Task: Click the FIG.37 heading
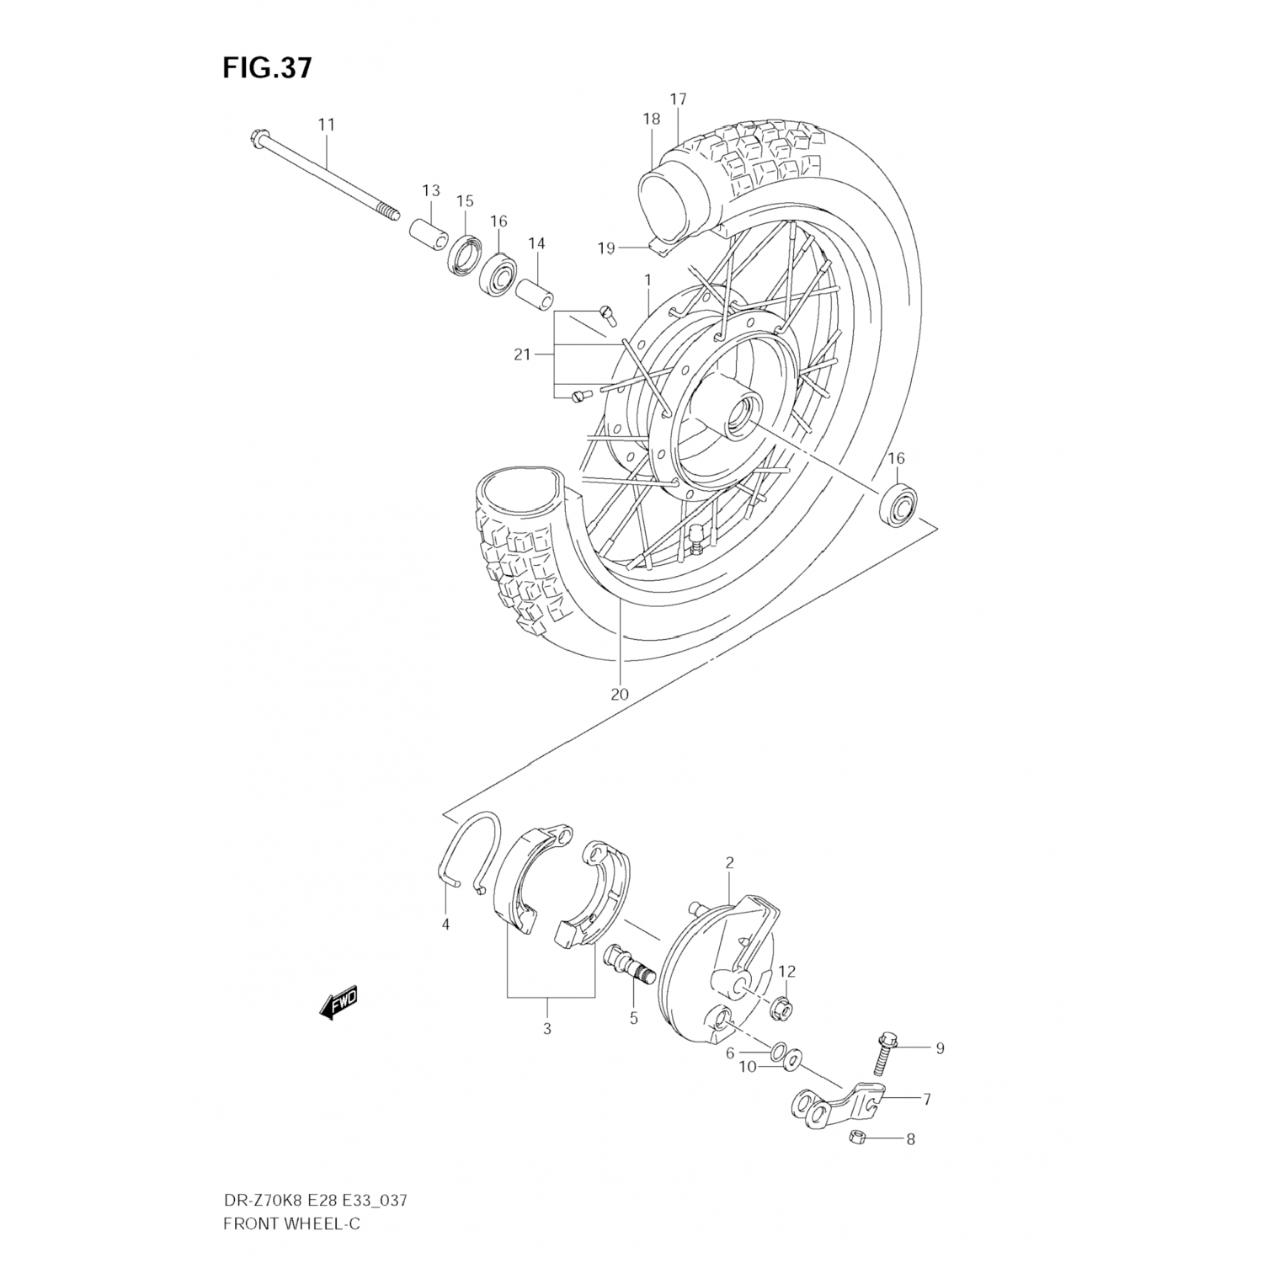pos(267,67)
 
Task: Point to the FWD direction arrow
pos(339,1003)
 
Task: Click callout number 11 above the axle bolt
pos(326,125)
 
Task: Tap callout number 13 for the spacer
pos(431,190)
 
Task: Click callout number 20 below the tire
pos(620,695)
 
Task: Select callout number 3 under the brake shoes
pos(546,1029)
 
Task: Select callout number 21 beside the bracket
pos(522,354)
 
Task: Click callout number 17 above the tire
pos(678,99)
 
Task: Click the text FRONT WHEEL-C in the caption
pos(290,1223)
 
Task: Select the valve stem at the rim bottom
pos(695,539)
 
